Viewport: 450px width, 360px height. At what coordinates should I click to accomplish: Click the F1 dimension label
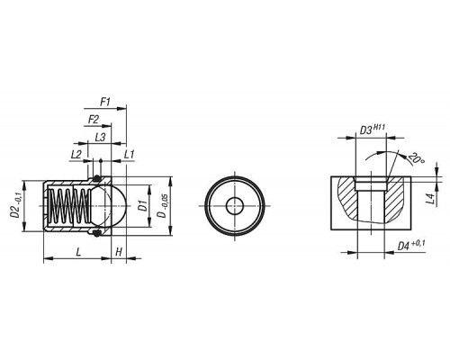click(105, 103)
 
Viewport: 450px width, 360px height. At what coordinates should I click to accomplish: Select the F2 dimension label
click(94, 120)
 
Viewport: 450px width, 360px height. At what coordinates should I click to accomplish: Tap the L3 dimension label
click(100, 138)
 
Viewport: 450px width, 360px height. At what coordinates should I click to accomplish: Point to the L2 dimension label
click(76, 155)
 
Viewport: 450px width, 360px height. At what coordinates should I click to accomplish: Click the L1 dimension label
click(129, 155)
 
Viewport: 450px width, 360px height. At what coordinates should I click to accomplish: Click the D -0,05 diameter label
click(164, 206)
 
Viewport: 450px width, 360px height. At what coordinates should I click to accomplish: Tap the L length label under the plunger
click(78, 251)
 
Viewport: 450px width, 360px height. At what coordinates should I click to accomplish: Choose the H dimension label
click(119, 251)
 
